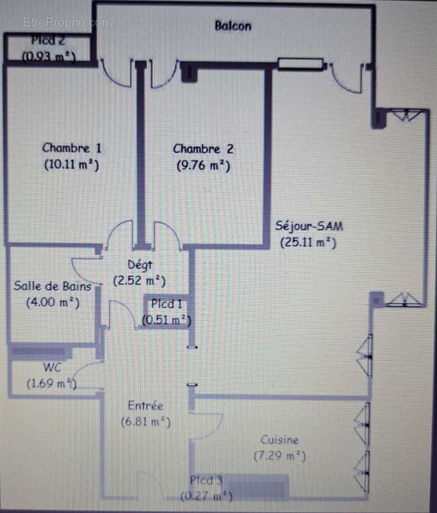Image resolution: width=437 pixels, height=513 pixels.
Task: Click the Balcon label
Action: tap(233, 26)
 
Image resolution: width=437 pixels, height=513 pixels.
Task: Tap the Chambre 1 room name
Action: tap(72, 148)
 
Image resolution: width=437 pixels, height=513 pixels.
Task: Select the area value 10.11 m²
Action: tap(72, 164)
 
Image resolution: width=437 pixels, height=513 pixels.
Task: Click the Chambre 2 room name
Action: tap(203, 149)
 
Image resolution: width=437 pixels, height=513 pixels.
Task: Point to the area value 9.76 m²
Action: tap(203, 165)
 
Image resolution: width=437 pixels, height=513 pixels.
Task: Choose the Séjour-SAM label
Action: tap(308, 226)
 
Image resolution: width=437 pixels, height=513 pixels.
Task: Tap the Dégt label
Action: tap(139, 264)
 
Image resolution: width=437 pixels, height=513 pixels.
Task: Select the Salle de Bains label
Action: tap(53, 286)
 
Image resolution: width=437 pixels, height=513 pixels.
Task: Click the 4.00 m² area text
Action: tap(53, 302)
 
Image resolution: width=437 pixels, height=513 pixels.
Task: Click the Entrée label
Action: tap(145, 405)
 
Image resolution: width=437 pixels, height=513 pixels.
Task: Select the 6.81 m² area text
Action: tap(145, 421)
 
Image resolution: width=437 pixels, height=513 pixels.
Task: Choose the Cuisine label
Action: tap(279, 440)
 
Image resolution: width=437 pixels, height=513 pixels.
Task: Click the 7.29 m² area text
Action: tap(279, 456)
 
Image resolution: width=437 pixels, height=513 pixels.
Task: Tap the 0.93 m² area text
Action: tap(49, 56)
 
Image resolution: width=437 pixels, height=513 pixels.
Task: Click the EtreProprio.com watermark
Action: tap(61, 22)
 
